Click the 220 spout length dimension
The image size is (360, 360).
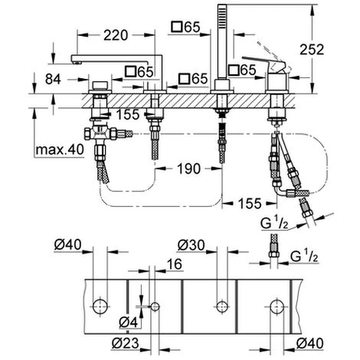coord(116,35)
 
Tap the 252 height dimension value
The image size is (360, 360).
coord(312,50)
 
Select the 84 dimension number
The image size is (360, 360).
coord(53,79)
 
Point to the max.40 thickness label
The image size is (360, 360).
coord(60,149)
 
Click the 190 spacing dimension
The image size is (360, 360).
coord(188,169)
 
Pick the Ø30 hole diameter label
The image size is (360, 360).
coord(191,245)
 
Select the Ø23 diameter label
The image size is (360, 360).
coord(126,343)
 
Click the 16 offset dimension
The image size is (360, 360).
coord(175,263)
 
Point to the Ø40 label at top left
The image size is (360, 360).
coord(67,244)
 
